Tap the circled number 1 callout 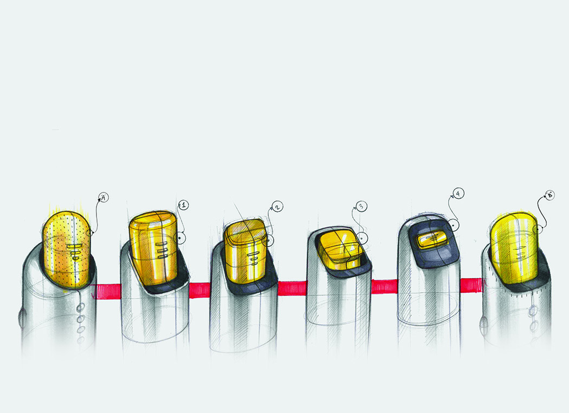click(184, 205)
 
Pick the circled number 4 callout click(458, 193)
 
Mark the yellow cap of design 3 click(339, 248)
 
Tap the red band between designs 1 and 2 click(200, 289)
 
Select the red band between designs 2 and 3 click(292, 288)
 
